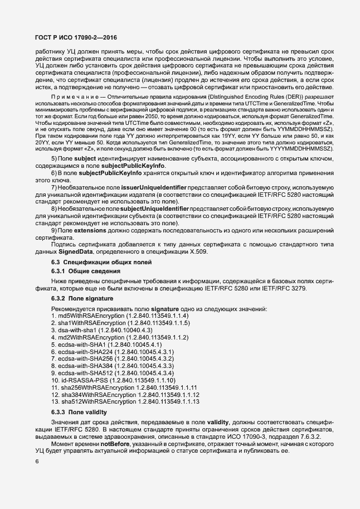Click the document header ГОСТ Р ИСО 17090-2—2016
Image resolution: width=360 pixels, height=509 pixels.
(76, 37)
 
